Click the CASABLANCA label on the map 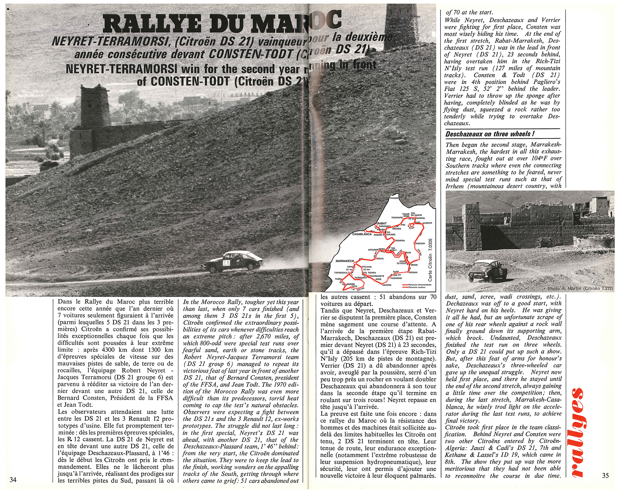(362, 234)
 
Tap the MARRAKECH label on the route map (345, 261)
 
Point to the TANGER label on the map (394, 198)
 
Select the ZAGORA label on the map (387, 285)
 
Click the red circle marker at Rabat (376, 224)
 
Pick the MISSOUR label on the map (420, 243)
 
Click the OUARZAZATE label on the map (376, 276)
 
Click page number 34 (13, 479)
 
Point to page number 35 (605, 475)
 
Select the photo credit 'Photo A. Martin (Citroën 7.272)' (580, 289)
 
